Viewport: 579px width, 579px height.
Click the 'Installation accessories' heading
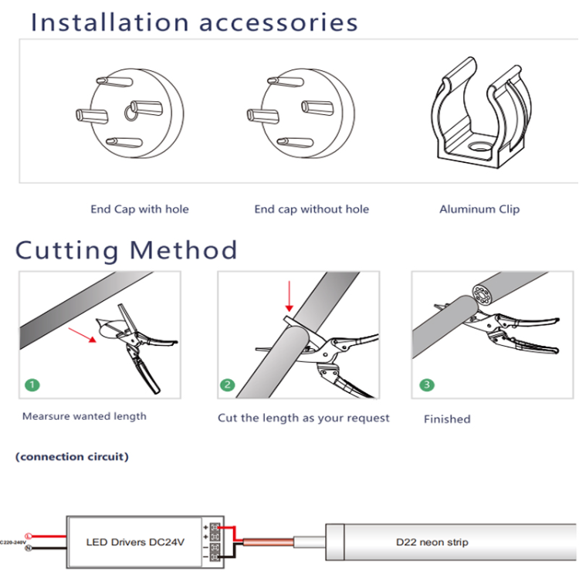click(x=195, y=22)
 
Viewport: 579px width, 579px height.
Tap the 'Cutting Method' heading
click(x=126, y=250)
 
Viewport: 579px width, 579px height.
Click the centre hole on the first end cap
click(x=129, y=113)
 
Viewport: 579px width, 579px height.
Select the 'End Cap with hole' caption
click(x=140, y=209)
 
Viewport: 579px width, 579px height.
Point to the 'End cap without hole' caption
click(x=312, y=209)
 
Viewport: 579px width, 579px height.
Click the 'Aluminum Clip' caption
click(x=479, y=209)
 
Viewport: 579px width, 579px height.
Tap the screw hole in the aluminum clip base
click(x=479, y=147)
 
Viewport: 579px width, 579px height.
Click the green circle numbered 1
click(x=32, y=384)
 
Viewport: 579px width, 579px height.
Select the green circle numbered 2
click(x=227, y=384)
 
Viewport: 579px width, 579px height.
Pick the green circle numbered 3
click(x=427, y=384)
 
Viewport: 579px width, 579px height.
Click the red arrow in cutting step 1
click(x=83, y=335)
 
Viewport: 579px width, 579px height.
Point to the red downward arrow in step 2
click(x=289, y=296)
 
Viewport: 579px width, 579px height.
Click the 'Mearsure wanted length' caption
click(x=84, y=417)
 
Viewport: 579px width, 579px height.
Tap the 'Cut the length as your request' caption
click(x=303, y=418)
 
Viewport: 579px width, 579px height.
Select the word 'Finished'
click(x=447, y=419)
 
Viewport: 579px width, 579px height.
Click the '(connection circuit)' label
click(x=72, y=457)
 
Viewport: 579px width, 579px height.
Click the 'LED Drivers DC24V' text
click(x=135, y=542)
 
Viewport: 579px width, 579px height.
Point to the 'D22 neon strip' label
click(x=432, y=542)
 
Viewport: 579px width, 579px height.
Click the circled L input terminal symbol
click(x=29, y=536)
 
